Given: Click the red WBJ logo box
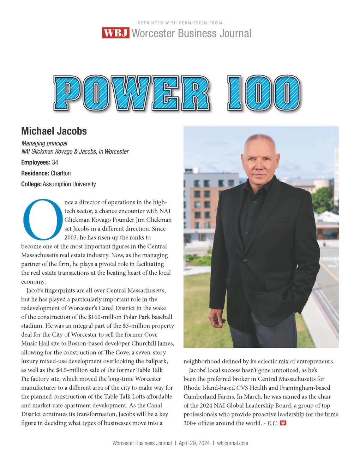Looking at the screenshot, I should pyautogui.click(x=116, y=33).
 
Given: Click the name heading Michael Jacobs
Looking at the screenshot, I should pyautogui.click(x=54, y=131).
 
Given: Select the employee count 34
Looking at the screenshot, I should pyautogui.click(x=55, y=162).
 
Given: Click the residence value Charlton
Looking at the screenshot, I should pyautogui.click(x=61, y=173).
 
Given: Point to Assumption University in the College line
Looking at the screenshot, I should pyautogui.click(x=69, y=184).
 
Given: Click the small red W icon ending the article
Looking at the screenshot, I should pyautogui.click(x=283, y=423).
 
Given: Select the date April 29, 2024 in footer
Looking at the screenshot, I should pyautogui.click(x=194, y=443).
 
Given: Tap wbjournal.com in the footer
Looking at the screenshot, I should pyautogui.click(x=233, y=443).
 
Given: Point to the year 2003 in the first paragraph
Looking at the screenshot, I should pyautogui.click(x=71, y=238).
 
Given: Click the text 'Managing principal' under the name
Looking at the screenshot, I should pyautogui.click(x=44, y=143).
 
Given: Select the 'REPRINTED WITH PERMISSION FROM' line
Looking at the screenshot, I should pyautogui.click(x=180, y=23).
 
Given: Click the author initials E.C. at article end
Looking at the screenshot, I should pyautogui.click(x=272, y=423).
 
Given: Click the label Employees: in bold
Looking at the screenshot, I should pyautogui.click(x=36, y=162).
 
